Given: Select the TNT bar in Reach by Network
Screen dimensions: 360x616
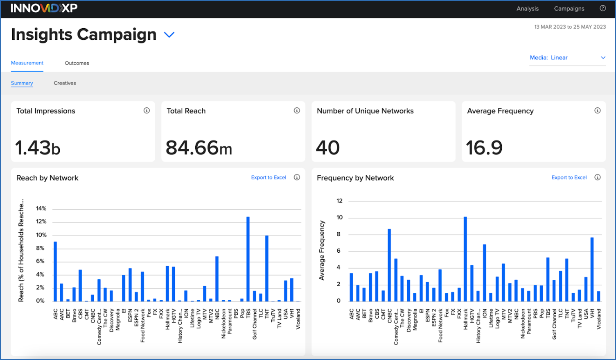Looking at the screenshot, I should pos(267,268).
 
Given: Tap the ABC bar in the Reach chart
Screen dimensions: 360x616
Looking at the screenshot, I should pos(55,271).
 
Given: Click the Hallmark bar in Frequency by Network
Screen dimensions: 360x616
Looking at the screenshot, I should pos(465,259).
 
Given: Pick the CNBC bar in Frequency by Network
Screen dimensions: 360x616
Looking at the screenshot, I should pos(389,265).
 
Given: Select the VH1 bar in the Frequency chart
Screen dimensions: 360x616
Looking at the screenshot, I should pos(592,269).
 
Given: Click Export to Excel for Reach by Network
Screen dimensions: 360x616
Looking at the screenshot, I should pos(269,177).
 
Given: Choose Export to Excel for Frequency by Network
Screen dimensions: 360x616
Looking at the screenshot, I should pos(569,177).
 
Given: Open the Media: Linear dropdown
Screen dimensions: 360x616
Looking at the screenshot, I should pos(567,58).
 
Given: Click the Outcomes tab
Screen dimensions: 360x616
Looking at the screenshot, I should pos(77,63).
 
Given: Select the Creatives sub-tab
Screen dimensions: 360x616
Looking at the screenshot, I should pos(65,83).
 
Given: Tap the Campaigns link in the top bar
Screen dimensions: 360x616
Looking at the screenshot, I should pos(569,9).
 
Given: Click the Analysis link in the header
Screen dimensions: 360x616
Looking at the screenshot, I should pos(528,9).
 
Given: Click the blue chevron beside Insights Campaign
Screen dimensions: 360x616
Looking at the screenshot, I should pos(169,35).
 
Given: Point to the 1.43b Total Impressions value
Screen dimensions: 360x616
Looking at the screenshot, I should pos(38,148).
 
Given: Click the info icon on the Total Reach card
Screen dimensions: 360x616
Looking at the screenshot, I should pos(297,111).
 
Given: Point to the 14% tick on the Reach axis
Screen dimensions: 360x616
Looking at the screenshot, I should pos(41,208).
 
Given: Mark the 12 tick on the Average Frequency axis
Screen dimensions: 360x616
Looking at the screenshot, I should pos(339,201).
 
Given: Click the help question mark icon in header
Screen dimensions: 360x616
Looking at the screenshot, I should pos(602,8).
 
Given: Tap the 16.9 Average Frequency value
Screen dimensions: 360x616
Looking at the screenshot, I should pos(484,148).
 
